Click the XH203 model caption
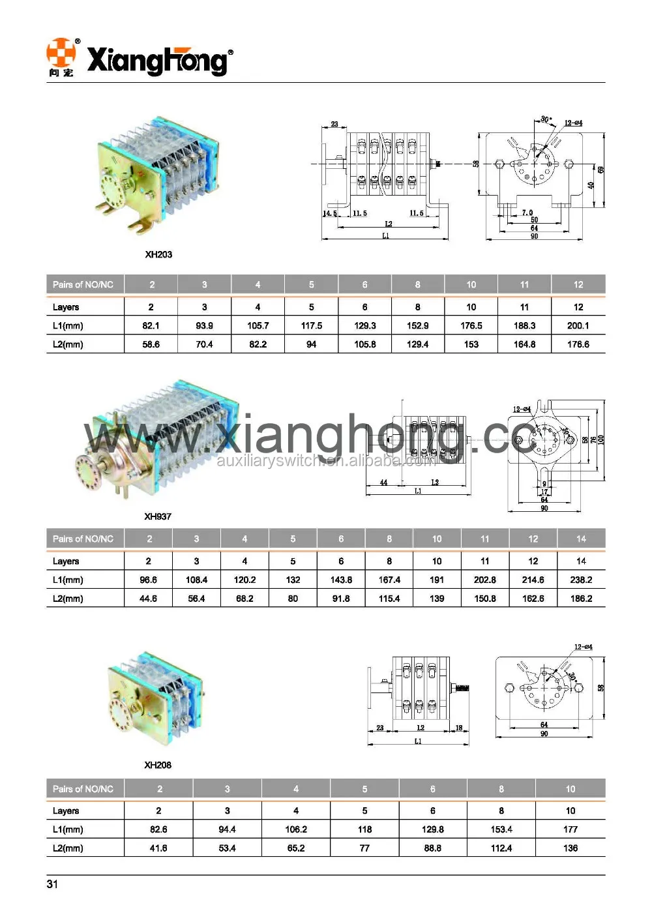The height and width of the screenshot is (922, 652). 158,254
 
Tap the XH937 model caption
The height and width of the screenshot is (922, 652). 158,516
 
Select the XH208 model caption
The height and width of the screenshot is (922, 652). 158,765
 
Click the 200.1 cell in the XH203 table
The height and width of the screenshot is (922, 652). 578,325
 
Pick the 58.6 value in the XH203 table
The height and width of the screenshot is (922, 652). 151,344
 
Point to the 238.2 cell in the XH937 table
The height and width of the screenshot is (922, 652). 581,580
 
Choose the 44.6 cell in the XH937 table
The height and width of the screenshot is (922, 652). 148,599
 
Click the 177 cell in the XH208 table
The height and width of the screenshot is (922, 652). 570,829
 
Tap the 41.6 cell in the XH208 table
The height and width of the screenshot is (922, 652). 158,848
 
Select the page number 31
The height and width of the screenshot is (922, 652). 52,884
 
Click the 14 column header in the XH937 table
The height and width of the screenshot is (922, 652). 581,539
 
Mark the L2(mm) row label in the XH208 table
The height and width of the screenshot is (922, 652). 68,848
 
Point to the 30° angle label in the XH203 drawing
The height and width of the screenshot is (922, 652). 546,120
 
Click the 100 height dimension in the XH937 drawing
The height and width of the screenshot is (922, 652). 601,440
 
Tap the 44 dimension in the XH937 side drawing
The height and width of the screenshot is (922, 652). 383,483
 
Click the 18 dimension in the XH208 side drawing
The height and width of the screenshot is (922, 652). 459,728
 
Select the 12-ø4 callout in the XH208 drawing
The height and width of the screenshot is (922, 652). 583,647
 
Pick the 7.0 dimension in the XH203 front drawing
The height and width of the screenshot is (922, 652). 527,213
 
